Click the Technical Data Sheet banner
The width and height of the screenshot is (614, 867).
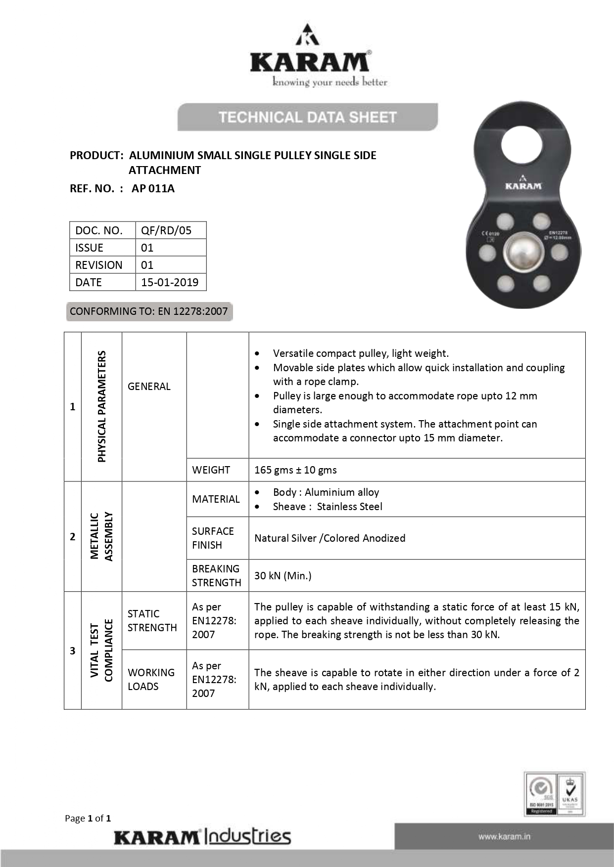307,117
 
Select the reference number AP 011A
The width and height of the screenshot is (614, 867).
153,188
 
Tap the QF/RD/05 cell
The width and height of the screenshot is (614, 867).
166,230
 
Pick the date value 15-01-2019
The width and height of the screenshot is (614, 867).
170,282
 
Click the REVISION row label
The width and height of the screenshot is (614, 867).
99,265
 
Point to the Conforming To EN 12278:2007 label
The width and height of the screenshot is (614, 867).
149,311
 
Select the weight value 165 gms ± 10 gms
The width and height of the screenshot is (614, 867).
295,470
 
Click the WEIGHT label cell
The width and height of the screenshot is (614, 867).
211,470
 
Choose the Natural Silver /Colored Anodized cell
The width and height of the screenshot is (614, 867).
330,538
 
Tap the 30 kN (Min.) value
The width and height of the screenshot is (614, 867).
283,575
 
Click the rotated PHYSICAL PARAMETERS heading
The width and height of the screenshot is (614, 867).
102,406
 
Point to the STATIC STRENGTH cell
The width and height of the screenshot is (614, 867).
152,620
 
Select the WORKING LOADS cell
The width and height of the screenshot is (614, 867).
151,679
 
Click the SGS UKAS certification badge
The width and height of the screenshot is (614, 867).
555,794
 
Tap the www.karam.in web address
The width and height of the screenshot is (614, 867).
504,836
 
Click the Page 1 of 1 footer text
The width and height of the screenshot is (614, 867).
88,818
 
